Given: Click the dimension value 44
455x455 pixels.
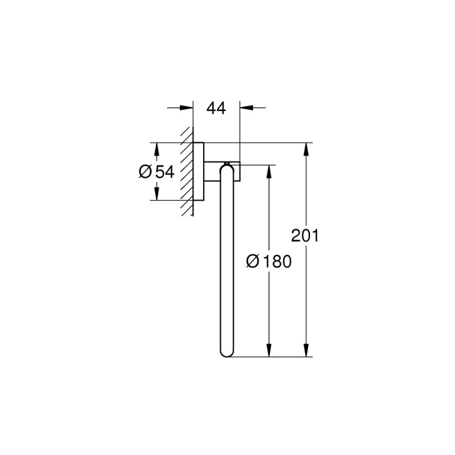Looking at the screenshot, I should coord(216,107).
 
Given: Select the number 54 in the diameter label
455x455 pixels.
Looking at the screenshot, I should coord(164,171).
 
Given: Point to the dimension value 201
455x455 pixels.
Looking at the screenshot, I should coord(305,235).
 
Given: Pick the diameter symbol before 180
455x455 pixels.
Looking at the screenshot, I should coord(253,261).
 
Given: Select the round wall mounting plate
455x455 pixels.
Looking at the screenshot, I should coord(198,171).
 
